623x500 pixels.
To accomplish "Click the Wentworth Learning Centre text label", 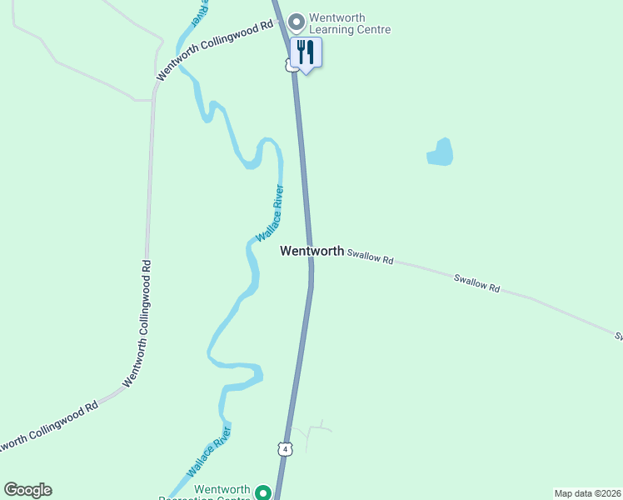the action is pos(349,23).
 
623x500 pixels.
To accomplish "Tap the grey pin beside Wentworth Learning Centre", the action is pos(296,20).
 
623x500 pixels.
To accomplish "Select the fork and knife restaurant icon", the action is pos(306,52).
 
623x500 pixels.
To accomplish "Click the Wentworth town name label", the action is pos(311,250).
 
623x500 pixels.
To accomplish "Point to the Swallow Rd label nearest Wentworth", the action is pos(370,257).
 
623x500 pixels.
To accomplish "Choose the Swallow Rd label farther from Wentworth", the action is pos(476,282).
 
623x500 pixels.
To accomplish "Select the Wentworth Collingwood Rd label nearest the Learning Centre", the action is pos(215,49).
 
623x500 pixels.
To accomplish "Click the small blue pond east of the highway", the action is pos(441,152).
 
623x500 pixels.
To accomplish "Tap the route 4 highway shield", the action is pos(286,448).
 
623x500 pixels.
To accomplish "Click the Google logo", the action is pos(27,490).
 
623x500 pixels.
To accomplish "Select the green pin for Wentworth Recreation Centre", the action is pos(262,492).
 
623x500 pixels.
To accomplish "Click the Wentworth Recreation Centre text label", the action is pos(222,492).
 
